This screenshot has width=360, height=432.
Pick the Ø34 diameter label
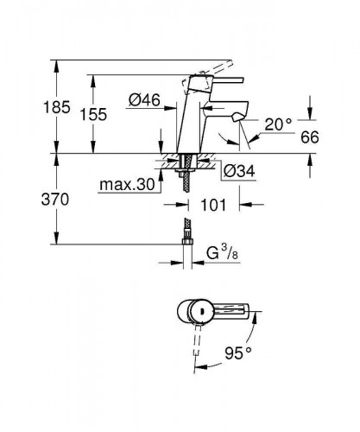[x=237, y=170]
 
